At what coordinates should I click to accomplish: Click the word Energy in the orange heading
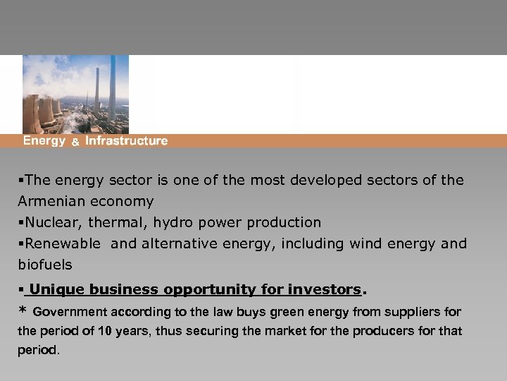tap(44, 141)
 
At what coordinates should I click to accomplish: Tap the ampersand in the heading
tap(75, 142)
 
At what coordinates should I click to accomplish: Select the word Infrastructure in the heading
tap(127, 141)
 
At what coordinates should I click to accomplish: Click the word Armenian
tap(51, 201)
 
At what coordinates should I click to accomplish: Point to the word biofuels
tap(44, 265)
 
